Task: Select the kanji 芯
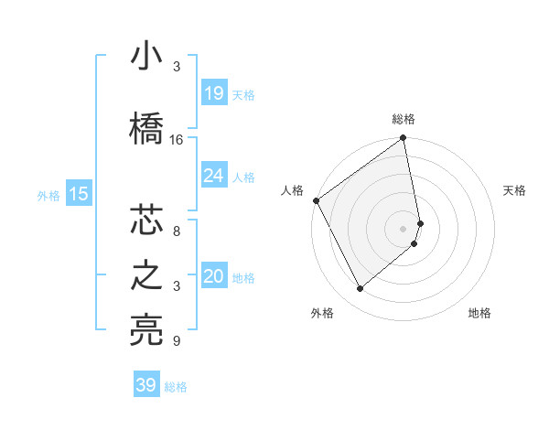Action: pyautogui.click(x=146, y=220)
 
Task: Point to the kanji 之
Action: pyautogui.click(x=146, y=276)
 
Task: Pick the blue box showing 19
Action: pyautogui.click(x=213, y=93)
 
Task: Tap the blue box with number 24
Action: pyautogui.click(x=213, y=176)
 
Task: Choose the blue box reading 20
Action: pyautogui.click(x=213, y=277)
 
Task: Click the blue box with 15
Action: pyautogui.click(x=79, y=194)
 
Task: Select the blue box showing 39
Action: pyautogui.click(x=146, y=385)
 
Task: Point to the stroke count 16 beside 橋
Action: pyautogui.click(x=177, y=140)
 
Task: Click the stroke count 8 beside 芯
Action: pyautogui.click(x=177, y=231)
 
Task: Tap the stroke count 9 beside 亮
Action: pyautogui.click(x=177, y=341)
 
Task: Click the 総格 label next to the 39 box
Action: pyautogui.click(x=176, y=387)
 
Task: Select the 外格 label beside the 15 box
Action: pyautogui.click(x=48, y=195)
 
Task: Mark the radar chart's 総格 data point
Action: pyautogui.click(x=404, y=139)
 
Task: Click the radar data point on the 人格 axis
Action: pyautogui.click(x=316, y=200)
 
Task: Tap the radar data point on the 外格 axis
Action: pyautogui.click(x=360, y=289)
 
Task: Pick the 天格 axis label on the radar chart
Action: pyautogui.click(x=514, y=190)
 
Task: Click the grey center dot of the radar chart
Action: pyautogui.click(x=404, y=228)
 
